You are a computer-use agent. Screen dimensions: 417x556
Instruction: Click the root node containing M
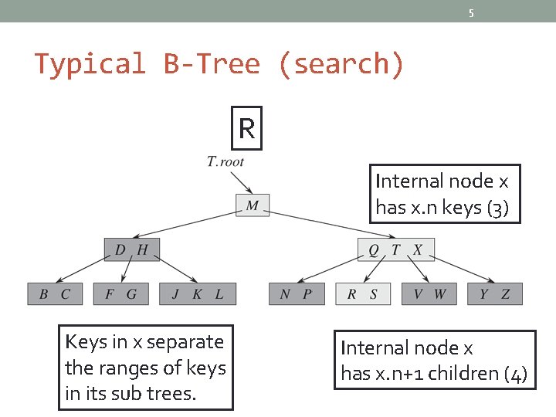tap(253, 205)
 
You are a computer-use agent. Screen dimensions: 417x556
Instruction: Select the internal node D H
tap(132, 249)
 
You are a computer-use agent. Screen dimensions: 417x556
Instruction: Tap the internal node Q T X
tap(395, 249)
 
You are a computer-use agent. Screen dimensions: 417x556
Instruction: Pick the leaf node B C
tap(55, 293)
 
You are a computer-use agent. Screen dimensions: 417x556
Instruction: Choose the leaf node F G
tap(120, 293)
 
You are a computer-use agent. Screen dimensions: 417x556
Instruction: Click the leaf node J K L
tap(198, 293)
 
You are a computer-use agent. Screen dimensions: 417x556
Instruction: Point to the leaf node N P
tap(297, 293)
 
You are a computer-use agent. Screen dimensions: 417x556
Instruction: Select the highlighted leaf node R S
tap(363, 293)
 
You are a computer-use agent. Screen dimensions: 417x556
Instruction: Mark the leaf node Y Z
tap(495, 293)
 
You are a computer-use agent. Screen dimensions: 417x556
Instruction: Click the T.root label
tap(225, 161)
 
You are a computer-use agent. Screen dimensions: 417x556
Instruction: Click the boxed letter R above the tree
tap(247, 128)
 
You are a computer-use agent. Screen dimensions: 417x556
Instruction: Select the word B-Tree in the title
tap(212, 63)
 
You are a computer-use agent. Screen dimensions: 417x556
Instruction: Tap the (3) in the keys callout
tap(498, 208)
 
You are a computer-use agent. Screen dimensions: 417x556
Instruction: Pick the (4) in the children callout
tap(515, 375)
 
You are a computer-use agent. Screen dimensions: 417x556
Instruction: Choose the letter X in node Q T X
tap(418, 249)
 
